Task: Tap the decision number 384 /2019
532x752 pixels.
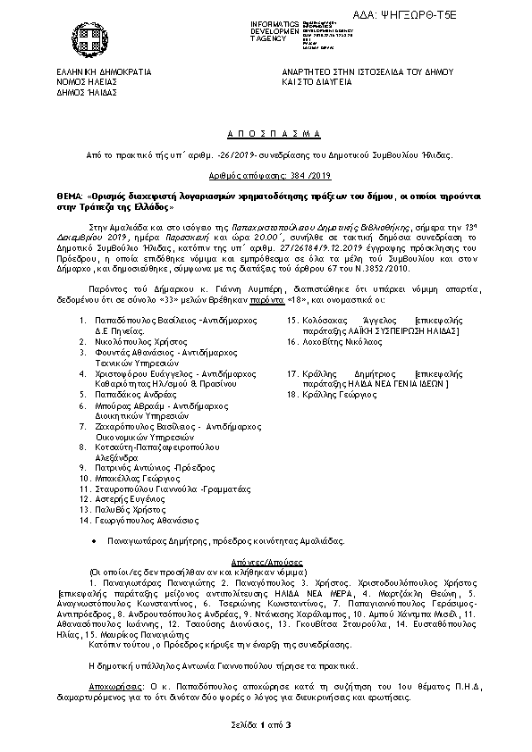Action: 266,177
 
